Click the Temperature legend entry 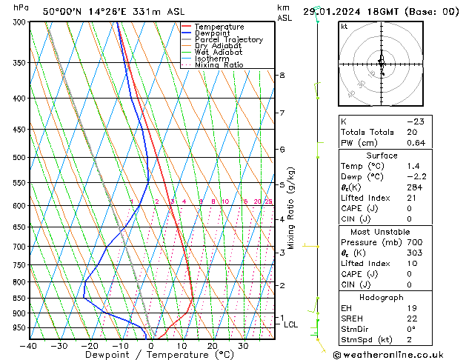coord(219,27)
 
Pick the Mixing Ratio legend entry coord(219,65)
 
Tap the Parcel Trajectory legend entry coord(228,40)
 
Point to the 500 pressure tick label coord(19,158)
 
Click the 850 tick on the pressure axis coord(19,299)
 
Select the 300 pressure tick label coord(19,22)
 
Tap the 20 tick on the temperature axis coord(213,346)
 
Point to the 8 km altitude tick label coord(282,76)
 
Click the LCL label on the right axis coord(291,324)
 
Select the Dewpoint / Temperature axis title coord(151,355)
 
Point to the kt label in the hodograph coord(344,27)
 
